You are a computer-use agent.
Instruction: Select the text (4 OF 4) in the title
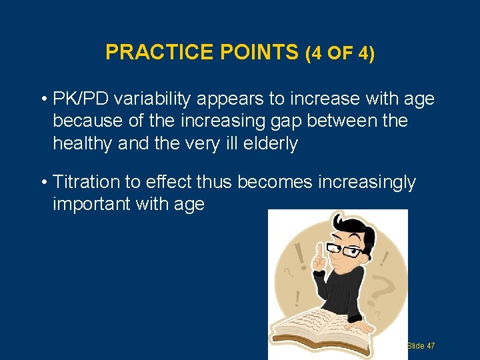339,53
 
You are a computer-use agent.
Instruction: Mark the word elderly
269,143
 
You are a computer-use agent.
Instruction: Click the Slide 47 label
420,346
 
